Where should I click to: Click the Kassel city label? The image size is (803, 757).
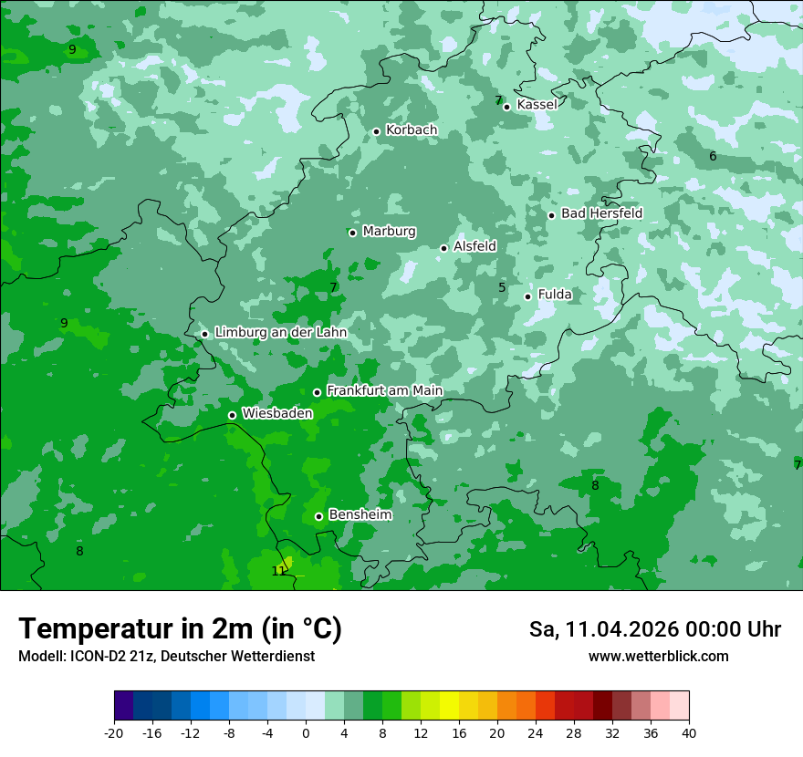click(537, 105)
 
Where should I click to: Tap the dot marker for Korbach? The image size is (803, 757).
click(376, 131)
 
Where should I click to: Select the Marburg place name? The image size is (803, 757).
click(389, 232)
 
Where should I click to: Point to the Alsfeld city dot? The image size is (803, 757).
click(444, 248)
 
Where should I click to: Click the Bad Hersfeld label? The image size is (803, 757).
click(601, 213)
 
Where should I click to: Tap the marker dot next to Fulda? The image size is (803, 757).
click(527, 296)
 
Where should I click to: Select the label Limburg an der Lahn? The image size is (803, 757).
click(280, 333)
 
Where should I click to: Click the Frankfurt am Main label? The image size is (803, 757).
click(384, 391)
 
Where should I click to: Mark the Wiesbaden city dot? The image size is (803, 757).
click(232, 415)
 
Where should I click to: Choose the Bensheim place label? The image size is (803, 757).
click(360, 515)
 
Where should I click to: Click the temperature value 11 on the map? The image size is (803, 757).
click(278, 572)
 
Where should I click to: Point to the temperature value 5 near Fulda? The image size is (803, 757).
click(502, 288)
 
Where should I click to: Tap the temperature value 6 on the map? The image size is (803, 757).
click(713, 157)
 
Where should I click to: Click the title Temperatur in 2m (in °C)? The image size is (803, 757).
click(180, 629)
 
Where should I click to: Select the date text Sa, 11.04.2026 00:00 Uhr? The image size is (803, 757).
click(654, 629)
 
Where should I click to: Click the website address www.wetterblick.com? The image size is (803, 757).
click(658, 657)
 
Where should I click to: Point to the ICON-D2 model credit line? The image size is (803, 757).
click(166, 657)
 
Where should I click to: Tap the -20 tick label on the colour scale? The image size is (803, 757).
click(114, 733)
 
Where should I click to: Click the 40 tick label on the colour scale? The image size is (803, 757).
click(689, 733)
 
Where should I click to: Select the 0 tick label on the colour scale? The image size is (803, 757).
click(306, 733)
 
